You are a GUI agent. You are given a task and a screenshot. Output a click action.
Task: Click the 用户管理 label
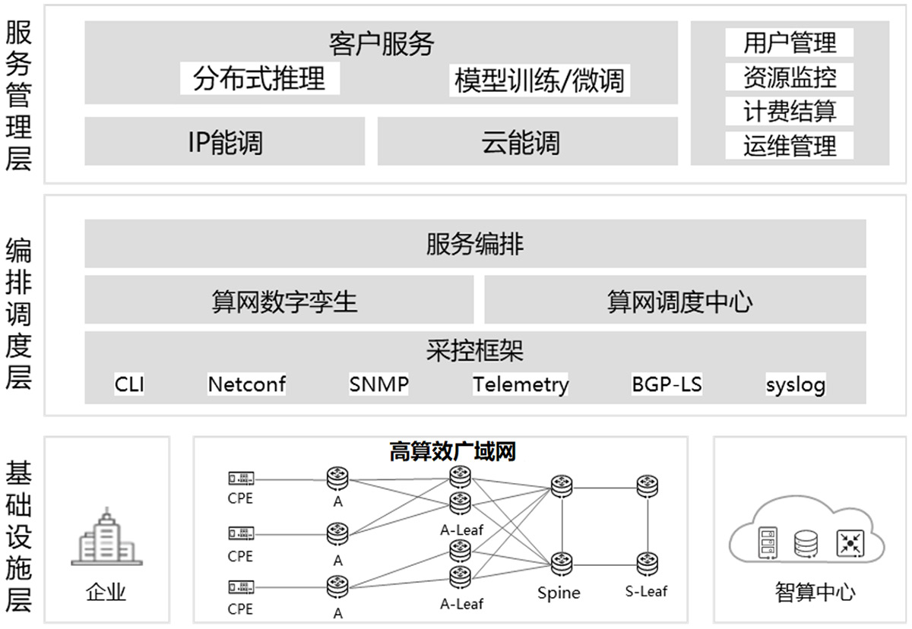[x=790, y=43]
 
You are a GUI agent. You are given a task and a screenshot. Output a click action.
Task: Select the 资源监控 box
[x=790, y=77]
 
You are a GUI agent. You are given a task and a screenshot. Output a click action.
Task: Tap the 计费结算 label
[x=790, y=111]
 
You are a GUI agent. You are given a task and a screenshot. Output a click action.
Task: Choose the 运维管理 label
[x=790, y=145]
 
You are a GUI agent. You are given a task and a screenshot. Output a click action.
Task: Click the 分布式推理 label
[x=259, y=78]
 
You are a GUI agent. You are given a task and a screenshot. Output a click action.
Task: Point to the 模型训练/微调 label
[x=540, y=81]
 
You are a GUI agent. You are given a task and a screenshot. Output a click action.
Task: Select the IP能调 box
[x=225, y=141]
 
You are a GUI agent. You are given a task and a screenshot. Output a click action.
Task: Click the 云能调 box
[x=527, y=141]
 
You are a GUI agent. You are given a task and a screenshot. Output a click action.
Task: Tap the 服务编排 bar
[x=475, y=245]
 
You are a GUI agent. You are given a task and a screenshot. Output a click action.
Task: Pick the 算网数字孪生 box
[x=280, y=301]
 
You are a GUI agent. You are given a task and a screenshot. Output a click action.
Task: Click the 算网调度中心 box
[x=675, y=301]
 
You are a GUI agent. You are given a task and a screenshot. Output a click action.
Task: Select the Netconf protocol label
[x=247, y=384]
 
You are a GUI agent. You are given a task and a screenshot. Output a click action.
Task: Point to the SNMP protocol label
[x=378, y=384]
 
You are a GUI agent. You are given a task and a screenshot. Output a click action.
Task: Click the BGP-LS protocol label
[x=667, y=384]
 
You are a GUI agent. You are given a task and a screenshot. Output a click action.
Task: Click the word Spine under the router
[x=559, y=593]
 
